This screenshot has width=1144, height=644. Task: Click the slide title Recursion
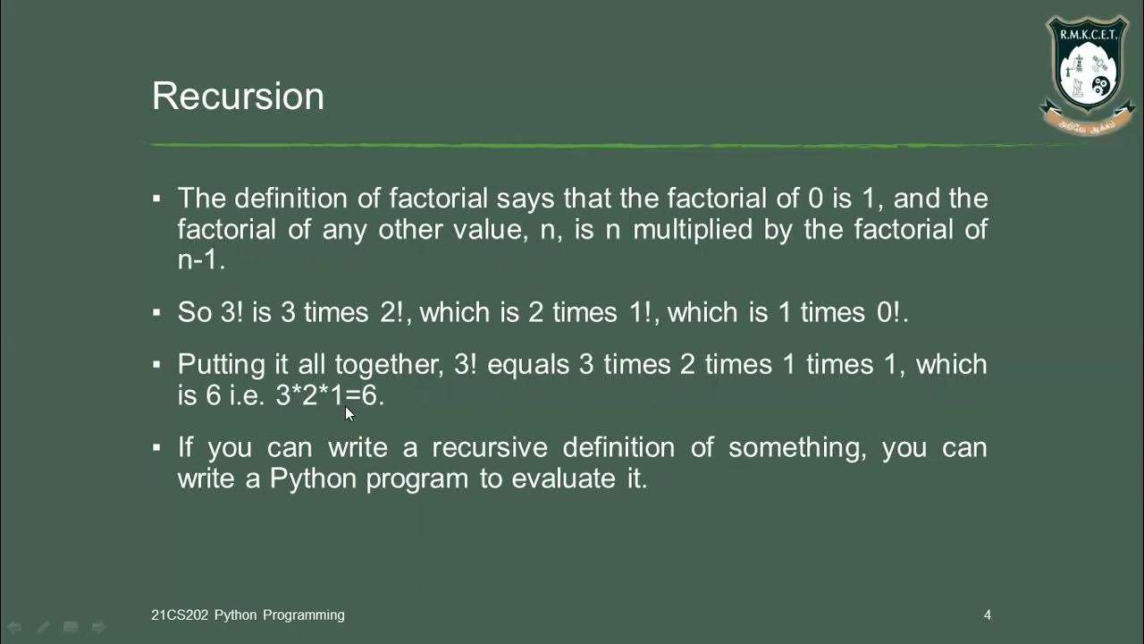coord(238,97)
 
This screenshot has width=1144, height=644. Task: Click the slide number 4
coord(988,615)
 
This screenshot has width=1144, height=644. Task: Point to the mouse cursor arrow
coord(349,413)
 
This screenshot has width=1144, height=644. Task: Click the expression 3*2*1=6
coord(330,395)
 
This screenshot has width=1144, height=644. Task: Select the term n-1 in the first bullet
coord(201,260)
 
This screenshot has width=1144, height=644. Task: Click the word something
coord(797,447)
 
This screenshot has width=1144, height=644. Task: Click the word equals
coord(527,365)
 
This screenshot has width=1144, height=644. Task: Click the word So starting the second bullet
coord(194,312)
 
